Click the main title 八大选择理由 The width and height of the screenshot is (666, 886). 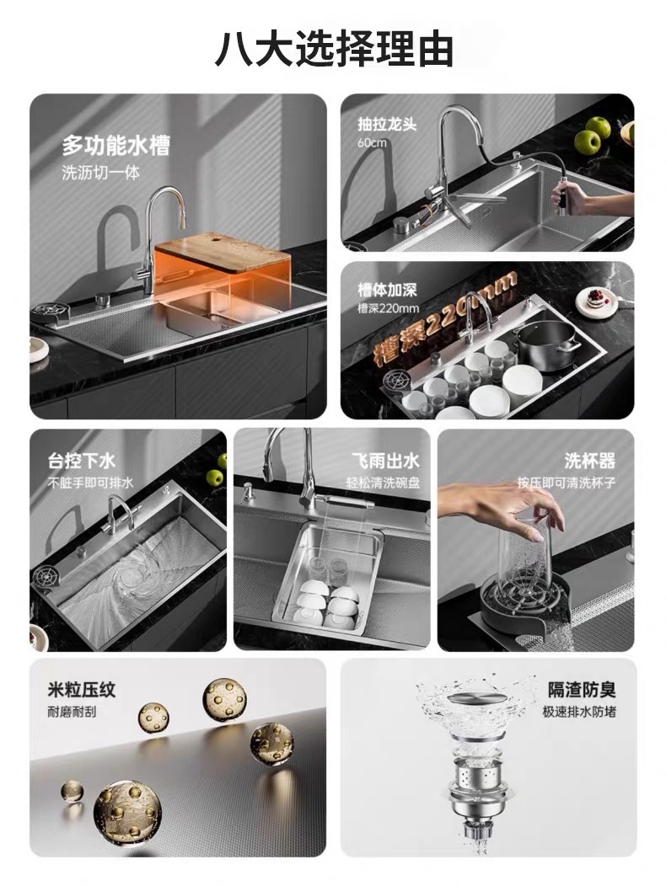(333, 48)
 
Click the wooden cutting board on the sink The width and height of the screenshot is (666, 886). (223, 250)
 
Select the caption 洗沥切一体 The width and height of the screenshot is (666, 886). (100, 173)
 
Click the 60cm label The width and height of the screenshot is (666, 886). (372, 142)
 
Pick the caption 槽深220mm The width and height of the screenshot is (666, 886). (388, 307)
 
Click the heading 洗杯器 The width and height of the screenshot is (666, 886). (589, 461)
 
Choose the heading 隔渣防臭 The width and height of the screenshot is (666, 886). (581, 691)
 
